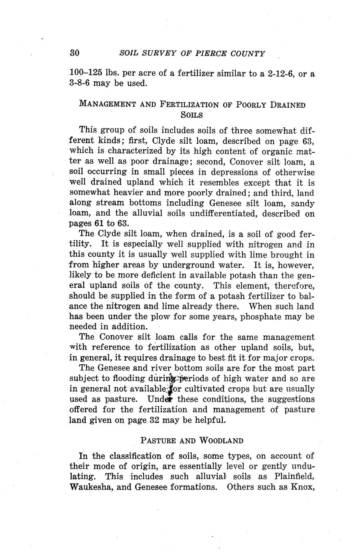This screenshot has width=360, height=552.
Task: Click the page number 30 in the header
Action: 75,54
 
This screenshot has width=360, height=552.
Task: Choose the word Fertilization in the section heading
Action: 189,105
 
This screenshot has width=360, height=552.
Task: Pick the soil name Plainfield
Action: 294,477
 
